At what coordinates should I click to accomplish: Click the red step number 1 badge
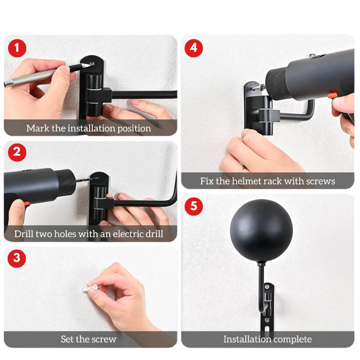point(17,48)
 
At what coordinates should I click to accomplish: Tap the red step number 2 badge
point(17,152)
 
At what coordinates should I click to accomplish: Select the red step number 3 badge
point(17,258)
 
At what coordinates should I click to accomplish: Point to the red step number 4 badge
point(193,48)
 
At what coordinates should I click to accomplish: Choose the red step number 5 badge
point(193,206)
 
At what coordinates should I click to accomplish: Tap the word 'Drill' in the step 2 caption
point(24,234)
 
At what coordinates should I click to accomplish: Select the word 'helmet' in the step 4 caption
point(247,181)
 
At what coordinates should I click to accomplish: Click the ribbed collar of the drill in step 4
point(276,82)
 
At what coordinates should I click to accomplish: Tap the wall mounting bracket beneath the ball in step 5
point(268,310)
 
